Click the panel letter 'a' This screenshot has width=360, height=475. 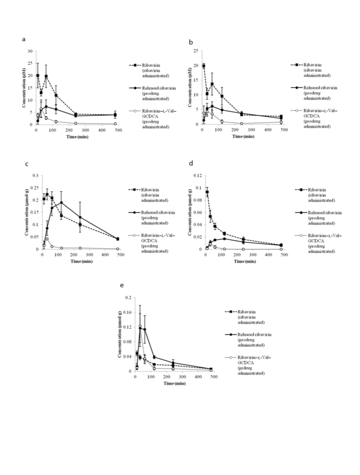coord(23,40)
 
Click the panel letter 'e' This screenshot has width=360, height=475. coord(122,285)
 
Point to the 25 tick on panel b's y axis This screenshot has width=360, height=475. coord(196,51)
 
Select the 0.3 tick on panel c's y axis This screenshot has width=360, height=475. coord(36,176)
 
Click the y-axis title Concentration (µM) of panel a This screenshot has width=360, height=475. coord(24,87)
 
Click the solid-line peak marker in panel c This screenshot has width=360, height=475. coord(61,202)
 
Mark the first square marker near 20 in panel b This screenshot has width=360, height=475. coord(204,66)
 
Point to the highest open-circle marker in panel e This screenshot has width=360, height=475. coord(140,326)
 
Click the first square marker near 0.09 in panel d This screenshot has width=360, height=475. coord(207,192)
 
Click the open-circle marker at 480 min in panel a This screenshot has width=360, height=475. coord(115,124)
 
